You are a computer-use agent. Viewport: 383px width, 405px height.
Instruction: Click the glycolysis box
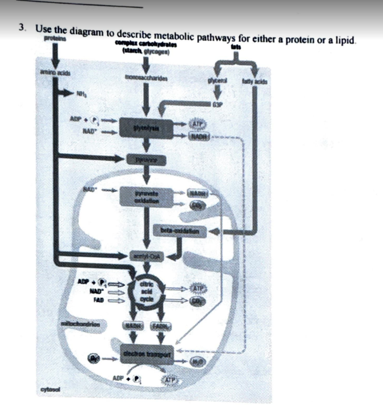tap(146, 129)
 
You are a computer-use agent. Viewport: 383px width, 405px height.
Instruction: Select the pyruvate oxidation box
tap(146, 197)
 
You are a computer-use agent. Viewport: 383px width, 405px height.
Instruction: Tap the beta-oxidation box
tap(180, 231)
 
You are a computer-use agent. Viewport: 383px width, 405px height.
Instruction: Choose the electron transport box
tap(147, 354)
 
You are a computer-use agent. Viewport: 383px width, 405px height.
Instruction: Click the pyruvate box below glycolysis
tap(146, 160)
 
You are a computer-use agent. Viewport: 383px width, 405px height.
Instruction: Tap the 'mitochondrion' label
tap(80, 324)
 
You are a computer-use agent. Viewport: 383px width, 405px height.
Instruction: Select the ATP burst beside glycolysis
tap(197, 124)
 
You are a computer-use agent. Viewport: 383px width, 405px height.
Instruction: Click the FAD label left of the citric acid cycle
tap(98, 299)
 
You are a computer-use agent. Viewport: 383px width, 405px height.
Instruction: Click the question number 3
tap(22, 28)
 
